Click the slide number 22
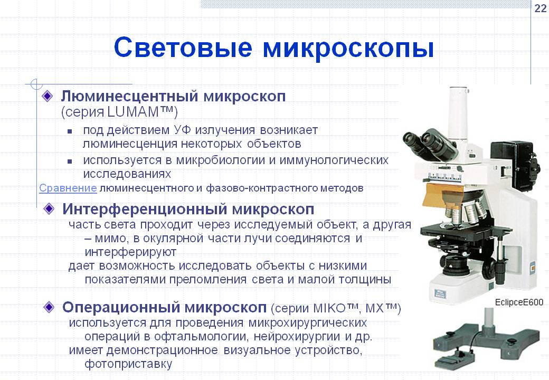pyautogui.click(x=541, y=8)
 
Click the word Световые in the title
pyautogui.click(x=183, y=47)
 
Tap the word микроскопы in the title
pyautogui.click(x=348, y=49)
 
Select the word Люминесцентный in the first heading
pyautogui.click(x=129, y=96)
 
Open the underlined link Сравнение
pyautogui.click(x=68, y=188)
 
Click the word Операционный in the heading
pyautogui.click(x=121, y=307)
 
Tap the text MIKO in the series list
pyautogui.click(x=329, y=308)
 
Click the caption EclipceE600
pyautogui.click(x=519, y=302)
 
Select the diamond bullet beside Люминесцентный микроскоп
pyautogui.click(x=48, y=96)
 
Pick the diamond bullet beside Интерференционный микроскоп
pyautogui.click(x=49, y=209)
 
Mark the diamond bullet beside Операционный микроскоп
pyautogui.click(x=49, y=307)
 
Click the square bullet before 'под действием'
pyautogui.click(x=70, y=131)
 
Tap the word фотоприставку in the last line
pyautogui.click(x=128, y=364)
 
